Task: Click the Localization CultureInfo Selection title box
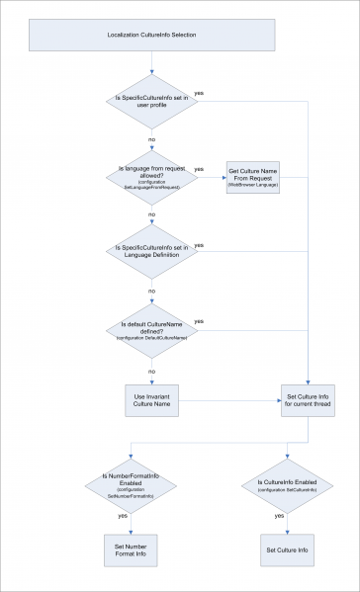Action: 151,36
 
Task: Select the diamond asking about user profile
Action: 151,102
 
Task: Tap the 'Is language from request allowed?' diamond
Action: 151,177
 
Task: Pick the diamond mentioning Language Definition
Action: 151,252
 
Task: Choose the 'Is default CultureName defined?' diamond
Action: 151,327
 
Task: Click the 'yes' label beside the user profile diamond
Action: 201,94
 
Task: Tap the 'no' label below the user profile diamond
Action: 151,140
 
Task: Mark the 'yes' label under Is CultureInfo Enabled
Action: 280,515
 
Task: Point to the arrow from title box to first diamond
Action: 151,62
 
